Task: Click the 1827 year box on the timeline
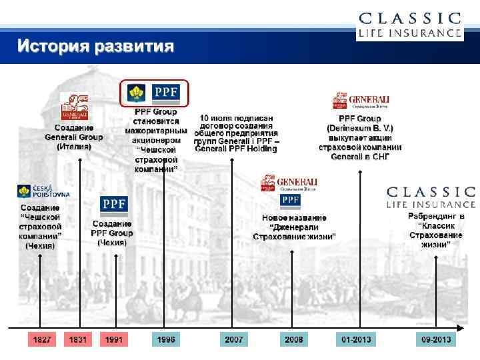(42, 340)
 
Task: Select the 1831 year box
(78, 340)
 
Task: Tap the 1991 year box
(114, 340)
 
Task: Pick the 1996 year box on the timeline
(166, 340)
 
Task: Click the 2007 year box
(233, 340)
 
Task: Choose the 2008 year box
(293, 340)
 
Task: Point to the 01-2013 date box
(356, 340)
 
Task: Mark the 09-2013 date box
(436, 340)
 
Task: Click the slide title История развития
(96, 47)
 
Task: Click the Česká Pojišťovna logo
(44, 192)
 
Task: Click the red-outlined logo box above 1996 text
(155, 93)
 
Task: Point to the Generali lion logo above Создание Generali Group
(74, 108)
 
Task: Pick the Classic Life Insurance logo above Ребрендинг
(431, 197)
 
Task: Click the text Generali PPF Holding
(236, 149)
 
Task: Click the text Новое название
(294, 218)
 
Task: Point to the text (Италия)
(74, 147)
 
